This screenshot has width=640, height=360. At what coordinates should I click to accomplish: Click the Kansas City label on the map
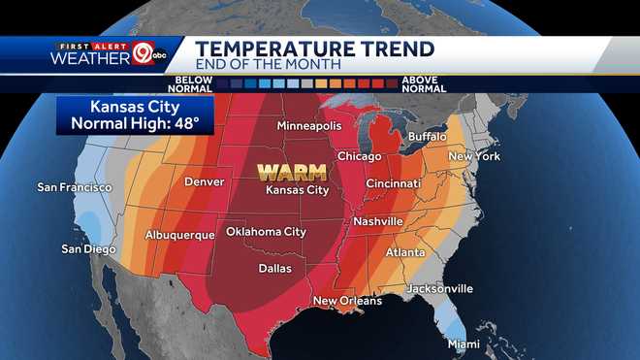(x=298, y=190)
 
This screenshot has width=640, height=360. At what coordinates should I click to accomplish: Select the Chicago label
(x=360, y=155)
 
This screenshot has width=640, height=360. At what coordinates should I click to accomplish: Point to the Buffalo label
(x=427, y=137)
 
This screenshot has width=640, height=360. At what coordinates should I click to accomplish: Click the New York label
(x=473, y=156)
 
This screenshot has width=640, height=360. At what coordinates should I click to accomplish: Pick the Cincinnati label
(x=393, y=183)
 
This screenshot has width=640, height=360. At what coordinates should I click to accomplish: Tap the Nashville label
(x=376, y=221)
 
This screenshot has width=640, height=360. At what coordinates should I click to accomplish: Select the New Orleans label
(x=346, y=301)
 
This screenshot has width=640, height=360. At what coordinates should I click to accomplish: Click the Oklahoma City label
(x=266, y=232)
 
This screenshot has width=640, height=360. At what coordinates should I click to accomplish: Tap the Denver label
(x=204, y=181)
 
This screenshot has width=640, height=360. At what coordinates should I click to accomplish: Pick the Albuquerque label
(x=179, y=235)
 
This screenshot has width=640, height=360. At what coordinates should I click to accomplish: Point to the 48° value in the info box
(x=188, y=123)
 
